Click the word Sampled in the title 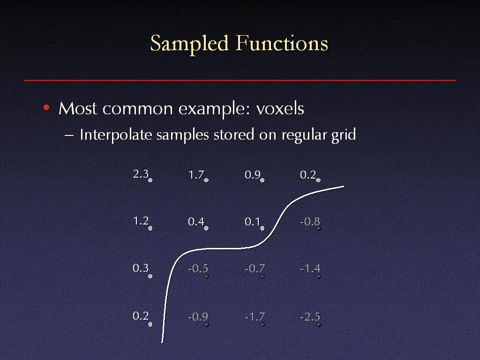[189, 44]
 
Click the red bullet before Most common [46, 107]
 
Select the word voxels [280, 108]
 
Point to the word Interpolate [116, 135]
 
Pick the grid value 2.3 [141, 174]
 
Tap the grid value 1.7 [196, 175]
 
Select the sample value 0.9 [252, 175]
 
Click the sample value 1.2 [141, 221]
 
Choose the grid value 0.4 [196, 222]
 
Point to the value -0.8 [310, 221]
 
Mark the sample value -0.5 [198, 269]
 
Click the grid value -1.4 [310, 269]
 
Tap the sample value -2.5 [310, 316]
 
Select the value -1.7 [255, 316]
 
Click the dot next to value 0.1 [262, 228]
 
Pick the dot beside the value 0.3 [150, 277]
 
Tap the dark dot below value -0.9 [206, 324]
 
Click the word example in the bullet [214, 109]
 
